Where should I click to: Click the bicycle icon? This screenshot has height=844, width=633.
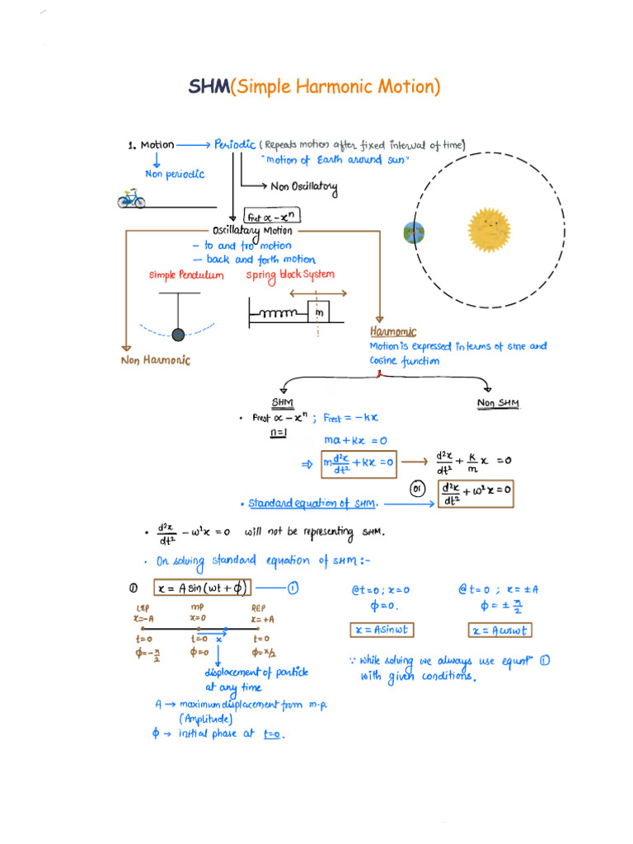point(131,199)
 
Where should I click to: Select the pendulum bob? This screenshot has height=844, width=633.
point(178,334)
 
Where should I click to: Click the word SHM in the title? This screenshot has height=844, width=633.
point(209,87)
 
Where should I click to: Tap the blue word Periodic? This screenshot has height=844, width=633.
point(234,145)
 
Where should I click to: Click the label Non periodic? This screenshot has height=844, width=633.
point(174,175)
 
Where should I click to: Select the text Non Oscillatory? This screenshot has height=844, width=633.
point(303,187)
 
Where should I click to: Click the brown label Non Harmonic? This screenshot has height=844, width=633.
point(155,359)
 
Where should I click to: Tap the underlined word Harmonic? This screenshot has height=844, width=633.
point(393,331)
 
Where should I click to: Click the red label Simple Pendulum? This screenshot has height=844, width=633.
point(185,275)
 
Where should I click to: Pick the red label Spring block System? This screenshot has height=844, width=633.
point(290,274)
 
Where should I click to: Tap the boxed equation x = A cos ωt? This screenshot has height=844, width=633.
point(500,631)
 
